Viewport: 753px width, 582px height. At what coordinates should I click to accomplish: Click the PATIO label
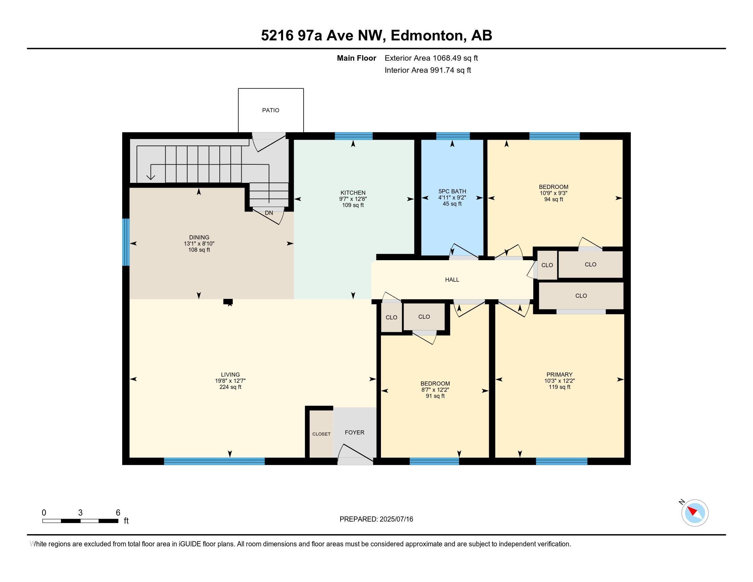click(270, 110)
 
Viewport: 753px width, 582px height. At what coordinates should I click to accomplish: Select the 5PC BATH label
click(452, 191)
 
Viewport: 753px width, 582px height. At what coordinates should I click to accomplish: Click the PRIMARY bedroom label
click(559, 375)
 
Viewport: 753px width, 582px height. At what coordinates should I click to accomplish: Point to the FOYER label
click(355, 432)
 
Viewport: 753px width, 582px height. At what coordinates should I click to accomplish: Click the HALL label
click(452, 280)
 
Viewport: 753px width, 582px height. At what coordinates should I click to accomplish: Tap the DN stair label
click(269, 213)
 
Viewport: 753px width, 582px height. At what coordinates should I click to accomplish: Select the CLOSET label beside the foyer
click(321, 434)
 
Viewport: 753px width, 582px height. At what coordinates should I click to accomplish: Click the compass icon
click(694, 513)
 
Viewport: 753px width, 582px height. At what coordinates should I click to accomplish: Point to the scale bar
click(80, 521)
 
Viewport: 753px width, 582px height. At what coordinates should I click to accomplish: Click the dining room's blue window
click(126, 242)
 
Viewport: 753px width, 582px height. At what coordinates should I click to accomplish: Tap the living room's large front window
click(214, 461)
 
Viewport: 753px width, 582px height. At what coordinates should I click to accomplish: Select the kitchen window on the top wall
click(354, 136)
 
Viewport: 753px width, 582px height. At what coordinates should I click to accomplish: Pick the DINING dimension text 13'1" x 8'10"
click(199, 243)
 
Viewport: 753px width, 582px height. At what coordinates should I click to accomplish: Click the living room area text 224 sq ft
click(230, 387)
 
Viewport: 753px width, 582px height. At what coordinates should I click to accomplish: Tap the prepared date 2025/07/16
click(396, 519)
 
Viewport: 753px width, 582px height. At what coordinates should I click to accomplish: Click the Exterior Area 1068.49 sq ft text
click(431, 58)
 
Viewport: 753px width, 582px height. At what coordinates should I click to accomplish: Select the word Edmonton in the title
click(426, 36)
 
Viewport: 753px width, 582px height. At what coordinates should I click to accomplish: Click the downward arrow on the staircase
click(151, 177)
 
